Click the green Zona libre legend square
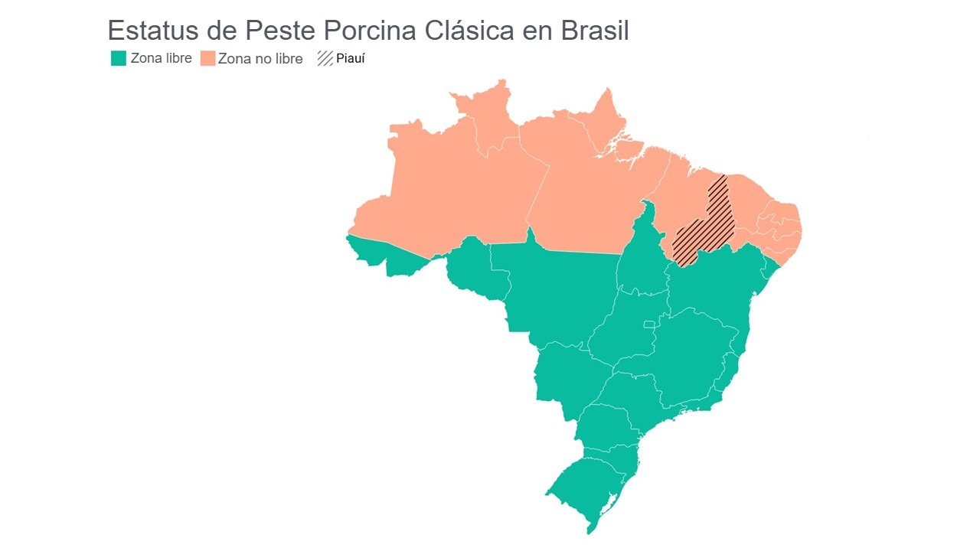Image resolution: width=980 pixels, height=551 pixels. [118, 58]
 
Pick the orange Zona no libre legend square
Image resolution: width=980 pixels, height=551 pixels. [207, 58]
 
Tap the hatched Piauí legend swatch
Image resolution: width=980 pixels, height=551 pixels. [325, 58]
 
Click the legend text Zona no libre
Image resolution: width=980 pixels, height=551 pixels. [260, 58]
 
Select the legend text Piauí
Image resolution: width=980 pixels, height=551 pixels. [351, 58]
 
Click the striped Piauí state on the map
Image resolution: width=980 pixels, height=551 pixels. [708, 226]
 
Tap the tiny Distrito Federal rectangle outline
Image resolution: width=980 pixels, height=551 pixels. [649, 324]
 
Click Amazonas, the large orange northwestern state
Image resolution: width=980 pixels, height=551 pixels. [452, 191]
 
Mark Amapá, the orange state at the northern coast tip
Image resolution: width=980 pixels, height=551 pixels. [605, 122]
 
